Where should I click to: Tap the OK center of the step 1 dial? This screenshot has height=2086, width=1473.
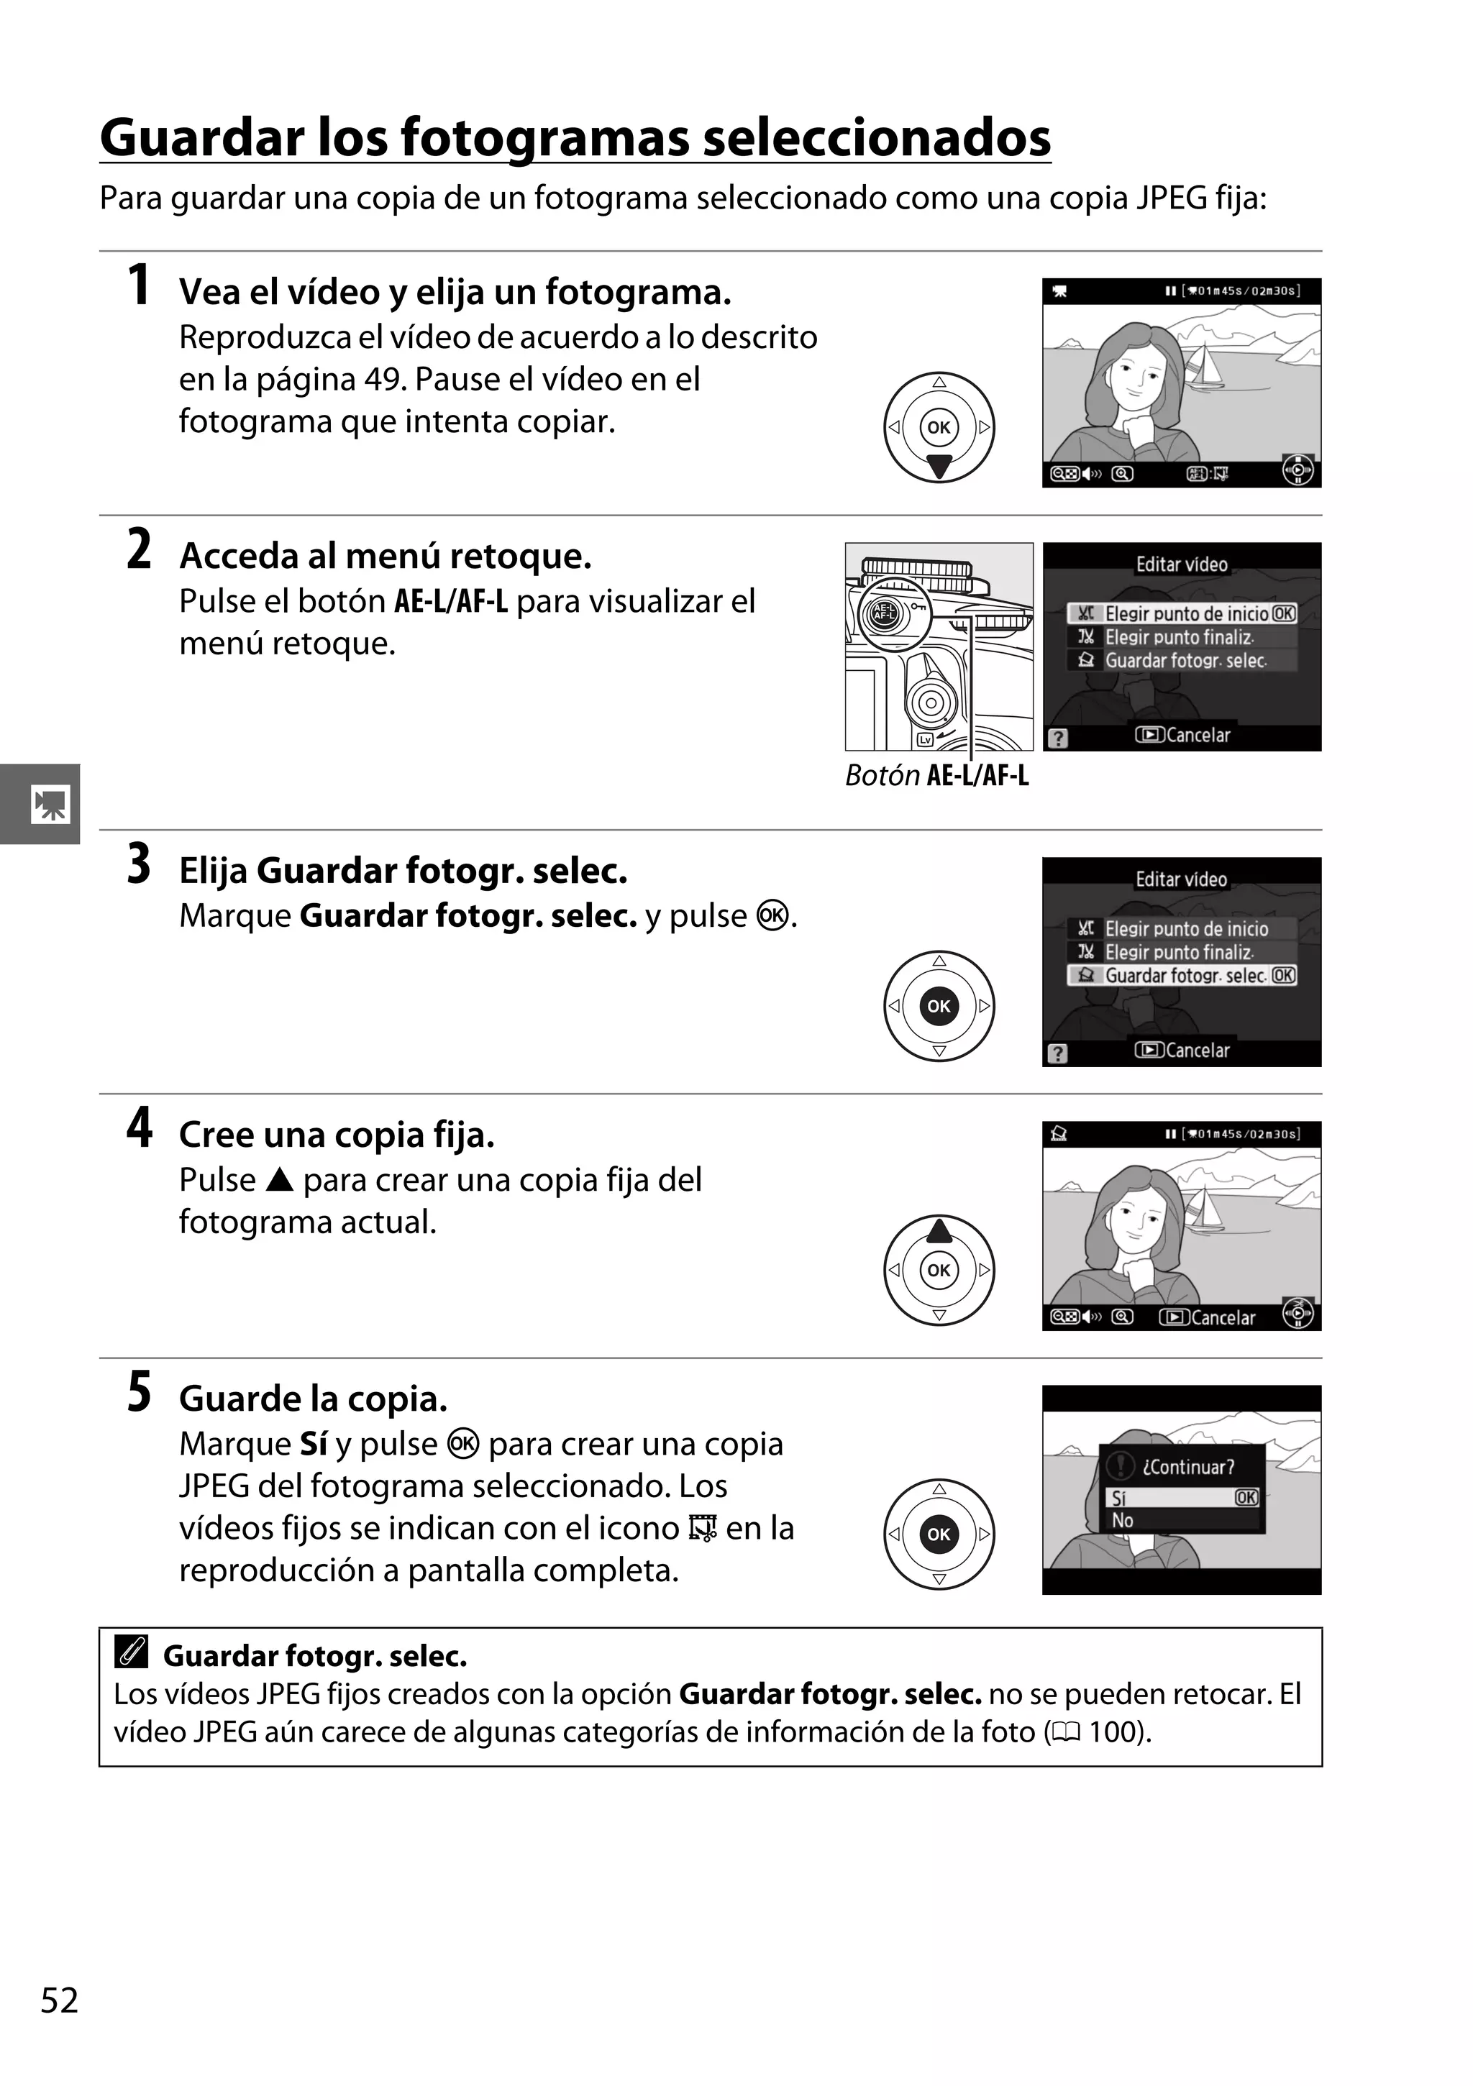click(939, 427)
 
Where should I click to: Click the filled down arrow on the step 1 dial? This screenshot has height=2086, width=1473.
click(939, 467)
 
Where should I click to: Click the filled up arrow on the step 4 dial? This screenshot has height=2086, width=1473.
click(939, 1230)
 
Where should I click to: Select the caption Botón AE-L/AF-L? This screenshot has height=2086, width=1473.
click(937, 775)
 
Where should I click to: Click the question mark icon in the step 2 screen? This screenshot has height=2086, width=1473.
click(1057, 738)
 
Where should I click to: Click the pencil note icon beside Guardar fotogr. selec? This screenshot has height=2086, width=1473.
click(132, 1651)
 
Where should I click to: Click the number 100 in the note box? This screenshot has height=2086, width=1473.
click(1116, 1732)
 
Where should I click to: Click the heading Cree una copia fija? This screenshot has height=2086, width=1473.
click(336, 1135)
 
